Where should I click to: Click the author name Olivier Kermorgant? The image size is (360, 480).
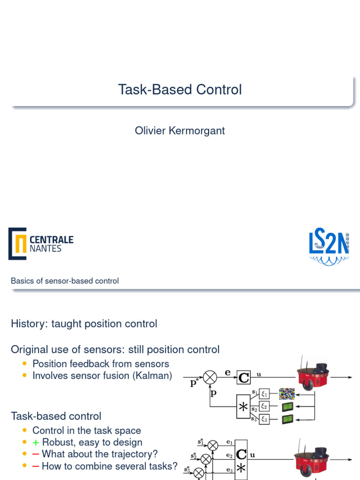coord(180,130)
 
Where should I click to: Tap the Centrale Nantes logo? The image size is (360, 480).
coord(41,244)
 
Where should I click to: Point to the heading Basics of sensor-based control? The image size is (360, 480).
coord(65,281)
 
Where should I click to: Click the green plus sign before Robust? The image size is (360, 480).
coord(36,442)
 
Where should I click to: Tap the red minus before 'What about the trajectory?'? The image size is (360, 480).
coord(36,454)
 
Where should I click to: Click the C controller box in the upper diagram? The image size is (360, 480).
coord(244,377)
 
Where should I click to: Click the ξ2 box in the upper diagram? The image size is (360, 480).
coord(264,406)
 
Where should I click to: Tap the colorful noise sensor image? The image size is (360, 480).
coord(286,394)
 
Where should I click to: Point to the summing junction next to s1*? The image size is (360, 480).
coord(213,444)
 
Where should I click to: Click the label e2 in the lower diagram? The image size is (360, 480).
coord(229,455)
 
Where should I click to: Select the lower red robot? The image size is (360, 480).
coord(310,457)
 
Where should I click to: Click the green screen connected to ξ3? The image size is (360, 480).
coord(287,420)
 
